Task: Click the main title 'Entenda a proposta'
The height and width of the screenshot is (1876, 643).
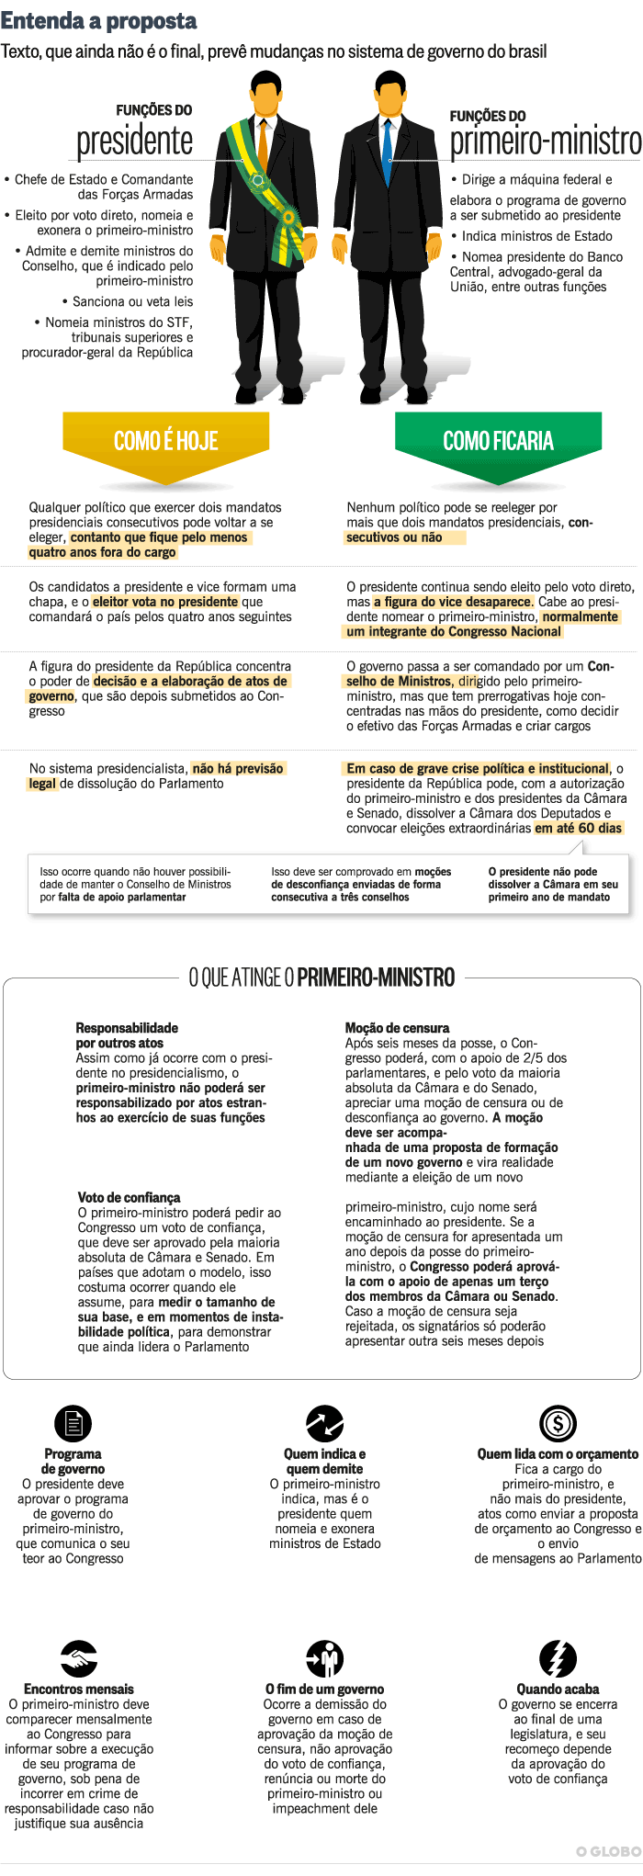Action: pos(99,21)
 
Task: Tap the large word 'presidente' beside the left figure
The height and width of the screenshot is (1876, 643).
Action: pos(135,141)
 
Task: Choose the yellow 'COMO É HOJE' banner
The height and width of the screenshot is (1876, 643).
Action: pos(165,442)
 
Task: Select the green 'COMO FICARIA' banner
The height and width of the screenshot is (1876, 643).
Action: pos(498,442)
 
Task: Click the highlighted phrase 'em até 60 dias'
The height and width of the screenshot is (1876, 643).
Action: pos(579,828)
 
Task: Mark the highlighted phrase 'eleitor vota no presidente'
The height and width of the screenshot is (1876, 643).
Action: pos(165,602)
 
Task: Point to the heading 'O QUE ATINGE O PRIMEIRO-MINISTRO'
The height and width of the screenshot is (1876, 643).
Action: pos(321,978)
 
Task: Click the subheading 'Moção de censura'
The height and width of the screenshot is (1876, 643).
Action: pos(397,1028)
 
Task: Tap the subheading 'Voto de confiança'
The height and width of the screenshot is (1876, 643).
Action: pos(129,1198)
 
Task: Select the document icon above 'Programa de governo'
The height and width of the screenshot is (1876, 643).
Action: pos(73,1424)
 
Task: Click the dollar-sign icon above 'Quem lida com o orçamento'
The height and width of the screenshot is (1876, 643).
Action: pos(558,1424)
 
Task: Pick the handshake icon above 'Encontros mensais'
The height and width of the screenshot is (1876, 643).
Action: pos(79,1659)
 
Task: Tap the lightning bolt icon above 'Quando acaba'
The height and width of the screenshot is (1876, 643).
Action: pos(558,1659)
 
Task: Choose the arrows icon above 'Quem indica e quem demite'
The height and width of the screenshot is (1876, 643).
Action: pos(324,1424)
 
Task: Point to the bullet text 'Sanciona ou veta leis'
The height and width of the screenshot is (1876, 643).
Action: pos(132,301)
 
